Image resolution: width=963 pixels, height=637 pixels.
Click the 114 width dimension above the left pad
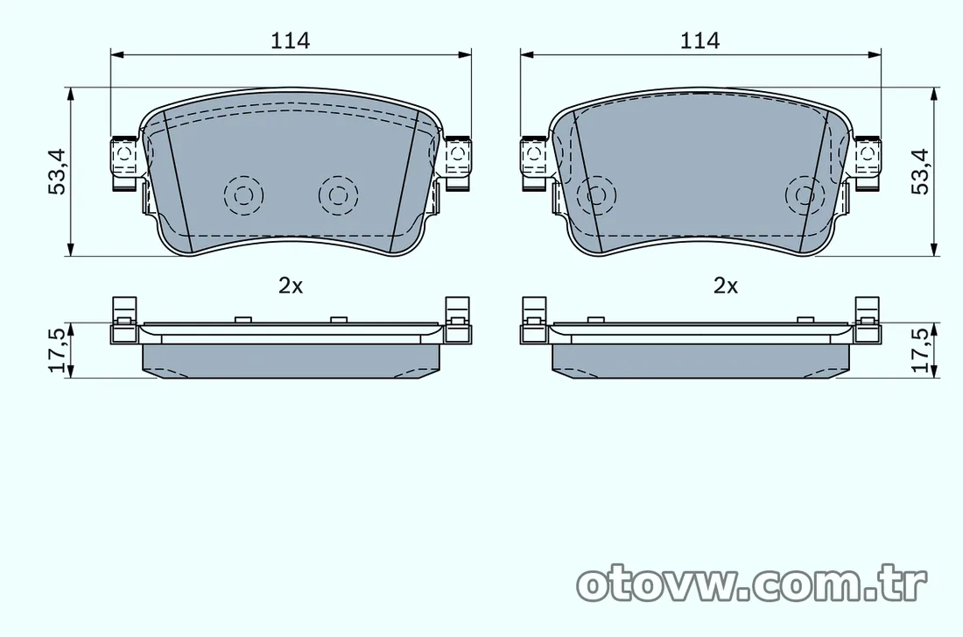point(291,40)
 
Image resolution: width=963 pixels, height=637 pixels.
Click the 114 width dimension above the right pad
point(699,40)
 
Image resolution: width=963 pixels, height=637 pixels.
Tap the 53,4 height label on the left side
point(57,172)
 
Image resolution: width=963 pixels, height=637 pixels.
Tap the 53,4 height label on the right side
point(920,172)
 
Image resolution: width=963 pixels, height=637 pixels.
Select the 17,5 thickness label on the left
point(57,350)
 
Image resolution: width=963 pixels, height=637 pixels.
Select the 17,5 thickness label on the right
point(920,350)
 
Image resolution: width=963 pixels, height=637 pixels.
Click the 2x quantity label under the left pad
point(291,286)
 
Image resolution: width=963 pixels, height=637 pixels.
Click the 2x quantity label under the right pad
point(726,286)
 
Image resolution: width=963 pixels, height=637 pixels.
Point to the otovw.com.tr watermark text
point(752,584)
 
